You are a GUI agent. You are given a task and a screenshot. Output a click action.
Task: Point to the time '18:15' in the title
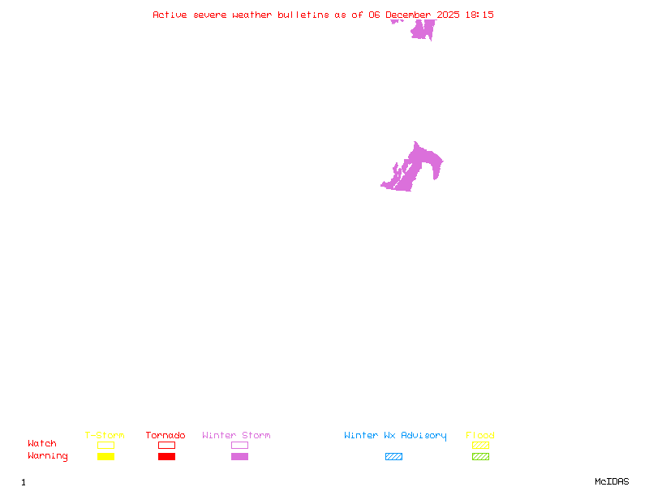tap(479, 15)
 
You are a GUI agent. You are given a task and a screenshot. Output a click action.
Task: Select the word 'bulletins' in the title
tap(302, 15)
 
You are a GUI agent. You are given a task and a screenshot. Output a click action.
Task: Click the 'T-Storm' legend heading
tap(105, 435)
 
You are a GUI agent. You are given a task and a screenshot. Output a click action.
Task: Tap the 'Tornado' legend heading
tap(165, 435)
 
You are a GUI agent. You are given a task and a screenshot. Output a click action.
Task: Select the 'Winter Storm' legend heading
tap(236, 435)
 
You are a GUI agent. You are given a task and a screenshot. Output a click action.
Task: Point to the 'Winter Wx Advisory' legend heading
tap(395, 435)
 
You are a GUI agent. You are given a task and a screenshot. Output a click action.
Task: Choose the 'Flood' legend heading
tap(480, 435)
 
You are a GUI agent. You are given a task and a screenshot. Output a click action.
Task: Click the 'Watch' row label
tap(42, 444)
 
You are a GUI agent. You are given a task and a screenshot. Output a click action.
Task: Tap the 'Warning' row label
tap(47, 456)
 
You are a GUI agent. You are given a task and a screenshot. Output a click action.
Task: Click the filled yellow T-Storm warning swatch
tap(105, 457)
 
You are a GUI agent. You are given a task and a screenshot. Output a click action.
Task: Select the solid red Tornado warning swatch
tap(166, 457)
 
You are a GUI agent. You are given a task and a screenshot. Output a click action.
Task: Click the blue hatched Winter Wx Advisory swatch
tap(393, 457)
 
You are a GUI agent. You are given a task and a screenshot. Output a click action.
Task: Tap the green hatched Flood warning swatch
tap(480, 457)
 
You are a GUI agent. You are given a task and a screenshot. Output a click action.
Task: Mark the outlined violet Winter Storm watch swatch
tap(239, 446)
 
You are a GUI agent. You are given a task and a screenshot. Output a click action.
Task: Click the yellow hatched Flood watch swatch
tap(480, 446)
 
